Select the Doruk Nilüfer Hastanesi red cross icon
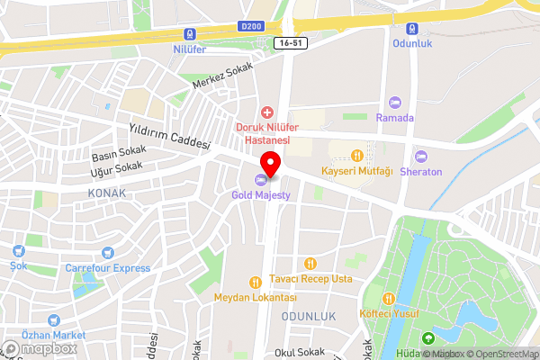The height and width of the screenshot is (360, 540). click(x=265, y=112)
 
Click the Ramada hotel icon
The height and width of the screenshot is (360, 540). click(x=394, y=103)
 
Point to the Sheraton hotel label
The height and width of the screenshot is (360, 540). click(x=422, y=172)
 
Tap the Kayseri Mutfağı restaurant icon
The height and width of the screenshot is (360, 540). click(x=357, y=155)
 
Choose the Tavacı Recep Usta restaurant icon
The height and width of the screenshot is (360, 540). click(x=310, y=263)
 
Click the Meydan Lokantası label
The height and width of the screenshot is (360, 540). click(x=255, y=298)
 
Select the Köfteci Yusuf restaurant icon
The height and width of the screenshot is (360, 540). click(x=389, y=299)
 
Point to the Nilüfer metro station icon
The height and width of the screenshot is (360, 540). click(x=190, y=34)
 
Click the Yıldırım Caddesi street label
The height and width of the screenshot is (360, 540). click(x=169, y=138)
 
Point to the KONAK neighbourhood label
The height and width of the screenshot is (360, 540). click(x=107, y=193)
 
